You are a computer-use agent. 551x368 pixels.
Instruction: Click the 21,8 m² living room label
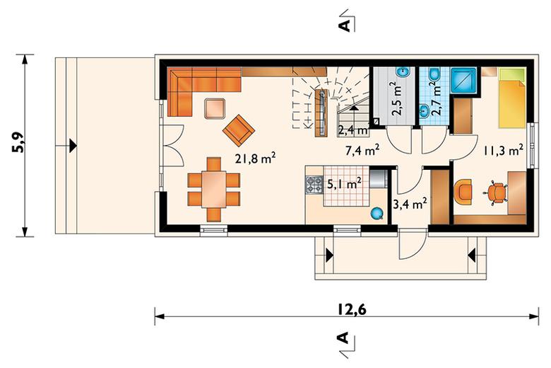click(256, 158)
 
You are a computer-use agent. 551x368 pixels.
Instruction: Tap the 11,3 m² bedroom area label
click(503, 150)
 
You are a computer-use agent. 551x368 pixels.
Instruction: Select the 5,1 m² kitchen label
click(345, 183)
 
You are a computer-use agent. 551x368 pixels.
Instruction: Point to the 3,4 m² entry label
click(410, 204)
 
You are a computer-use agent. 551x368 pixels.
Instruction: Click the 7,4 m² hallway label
click(362, 151)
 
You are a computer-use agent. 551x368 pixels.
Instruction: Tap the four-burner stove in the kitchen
click(314, 185)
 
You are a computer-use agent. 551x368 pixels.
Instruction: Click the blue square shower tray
click(463, 80)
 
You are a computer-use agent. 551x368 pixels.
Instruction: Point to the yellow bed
click(512, 98)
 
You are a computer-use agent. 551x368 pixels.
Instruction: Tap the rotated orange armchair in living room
click(239, 130)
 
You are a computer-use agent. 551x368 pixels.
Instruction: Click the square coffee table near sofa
click(215, 109)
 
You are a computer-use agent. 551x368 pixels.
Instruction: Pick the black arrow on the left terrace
click(73, 146)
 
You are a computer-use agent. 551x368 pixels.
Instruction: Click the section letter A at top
click(345, 25)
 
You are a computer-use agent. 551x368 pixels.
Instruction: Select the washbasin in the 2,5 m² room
click(403, 72)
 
